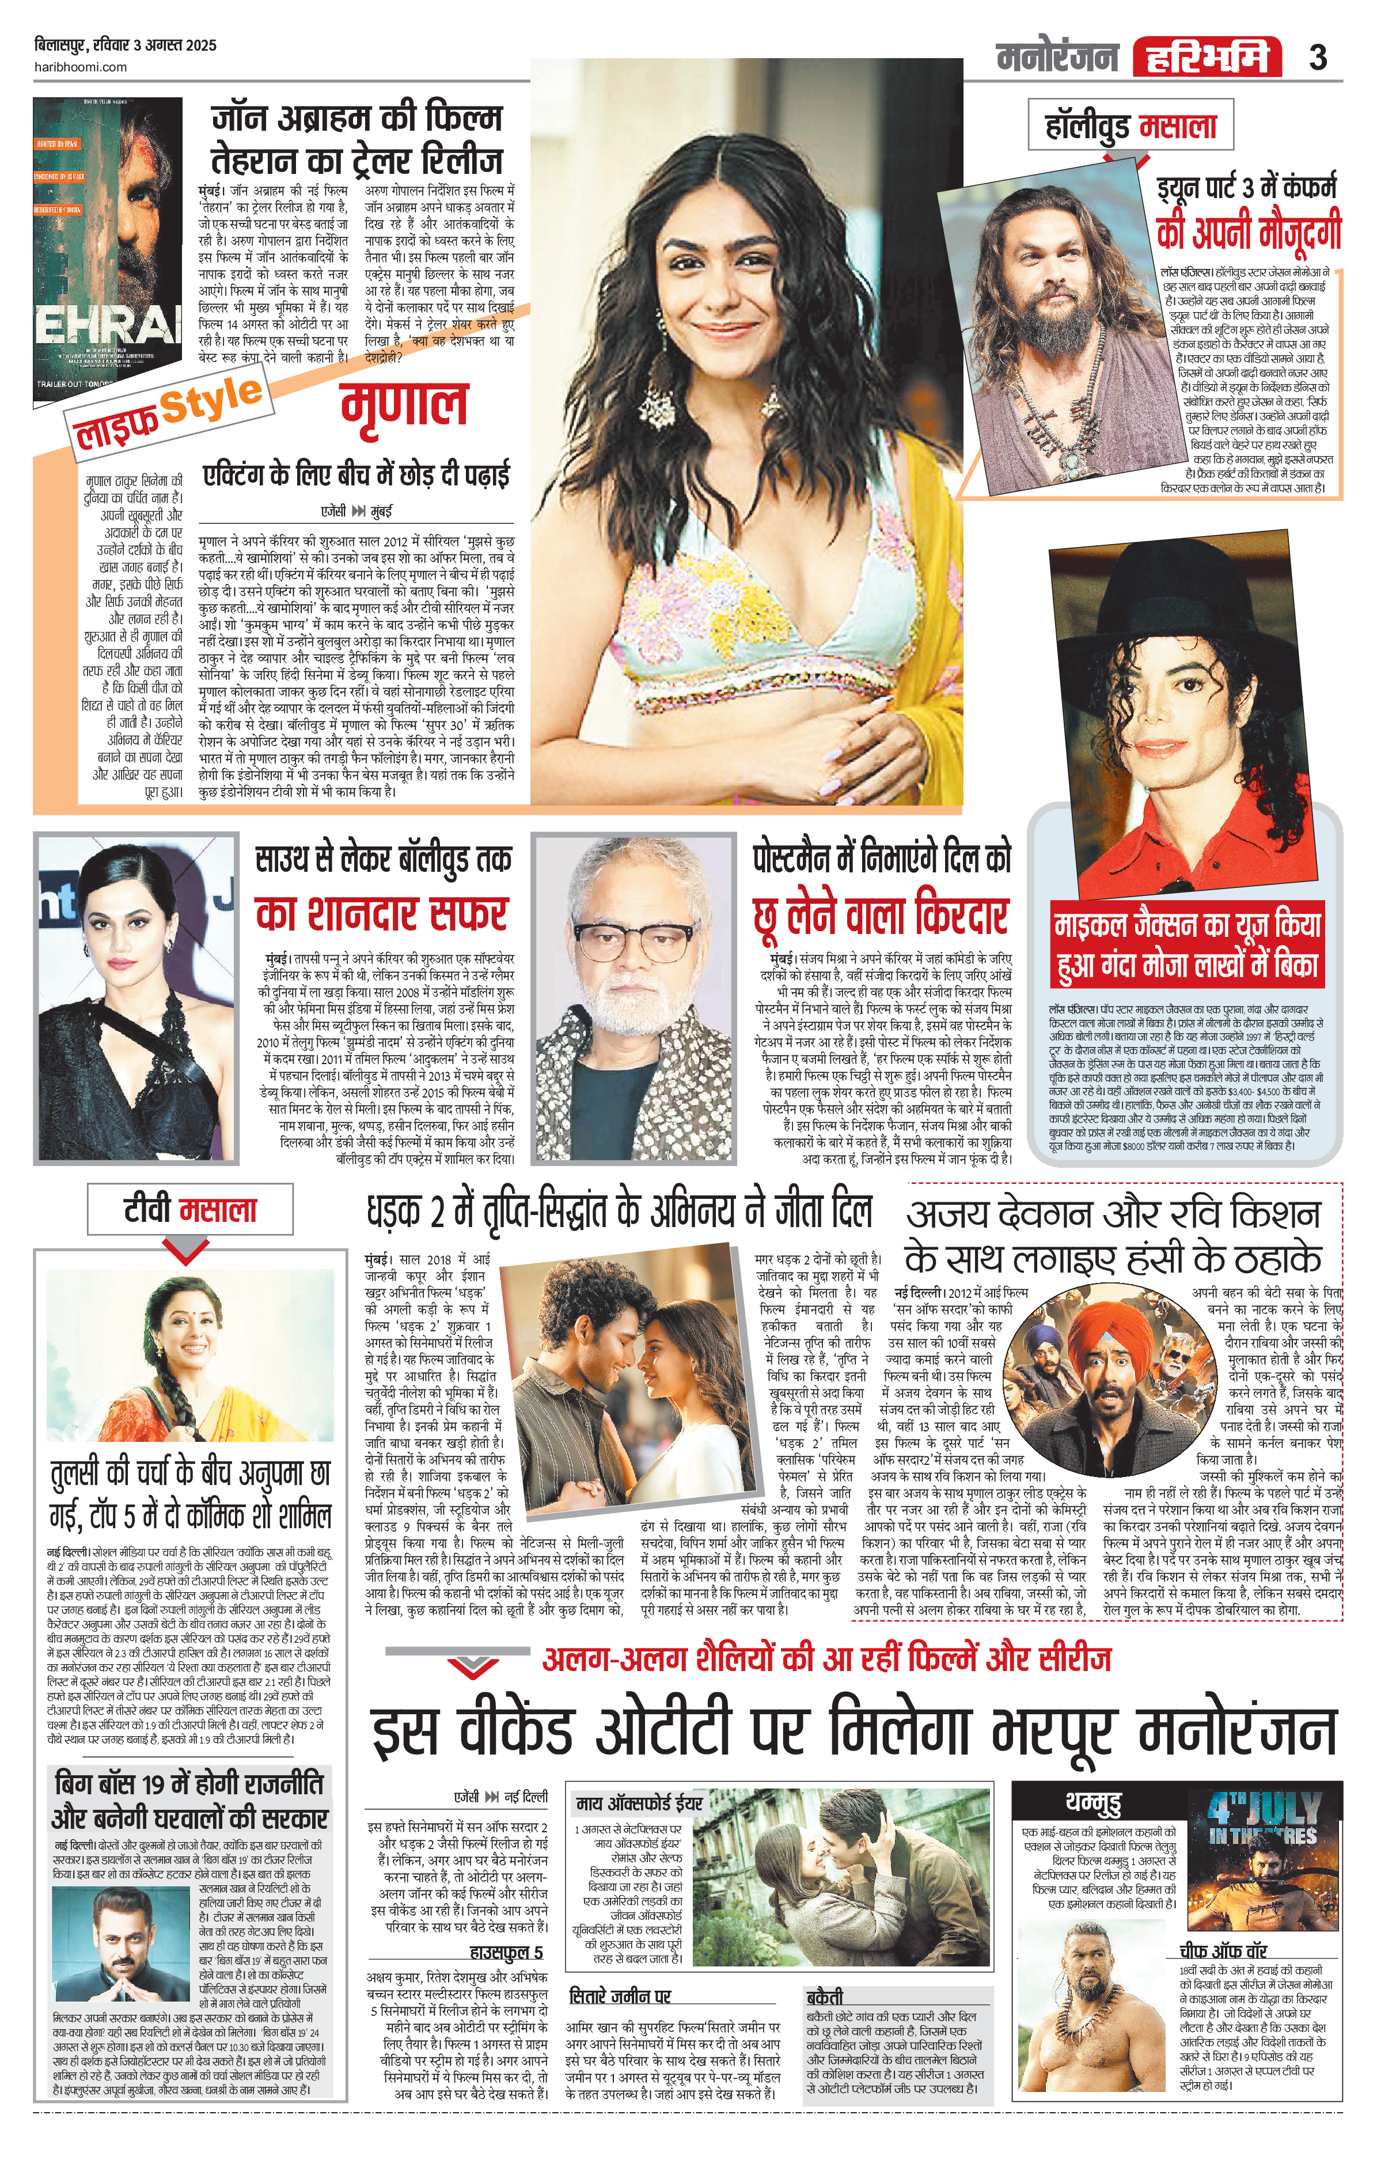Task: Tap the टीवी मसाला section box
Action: coord(190,1209)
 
